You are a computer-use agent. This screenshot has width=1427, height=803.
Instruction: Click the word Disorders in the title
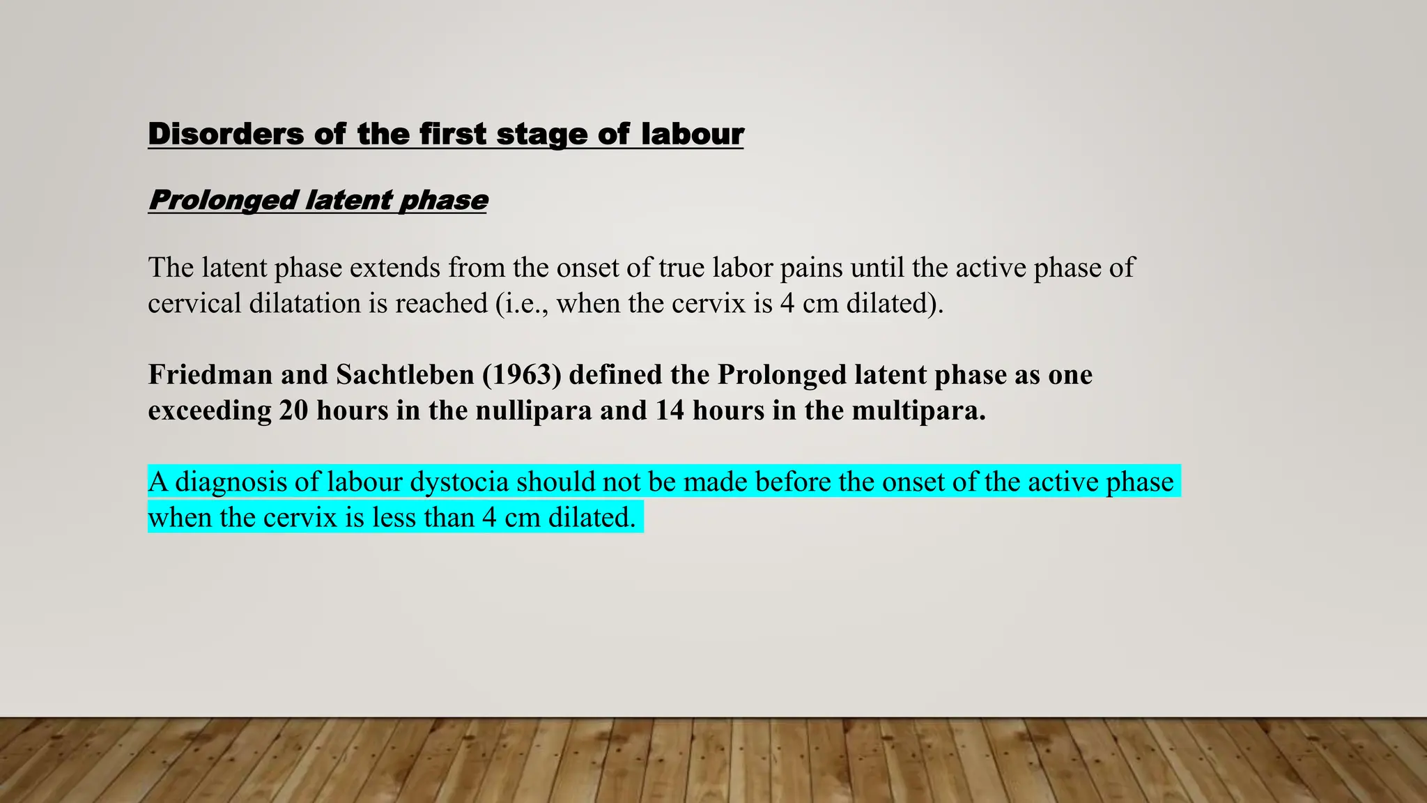[x=226, y=134]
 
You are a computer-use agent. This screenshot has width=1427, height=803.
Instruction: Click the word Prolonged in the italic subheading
[x=223, y=200]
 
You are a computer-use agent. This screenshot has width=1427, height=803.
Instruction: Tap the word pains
[x=811, y=268]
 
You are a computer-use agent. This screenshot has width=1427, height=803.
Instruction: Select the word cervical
[x=194, y=303]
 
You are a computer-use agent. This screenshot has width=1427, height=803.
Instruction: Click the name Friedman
[x=210, y=375]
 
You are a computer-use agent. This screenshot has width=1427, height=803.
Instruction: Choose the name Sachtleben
[x=405, y=375]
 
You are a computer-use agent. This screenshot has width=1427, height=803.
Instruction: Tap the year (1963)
[x=522, y=375]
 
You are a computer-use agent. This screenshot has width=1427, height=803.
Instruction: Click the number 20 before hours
[x=293, y=411]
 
